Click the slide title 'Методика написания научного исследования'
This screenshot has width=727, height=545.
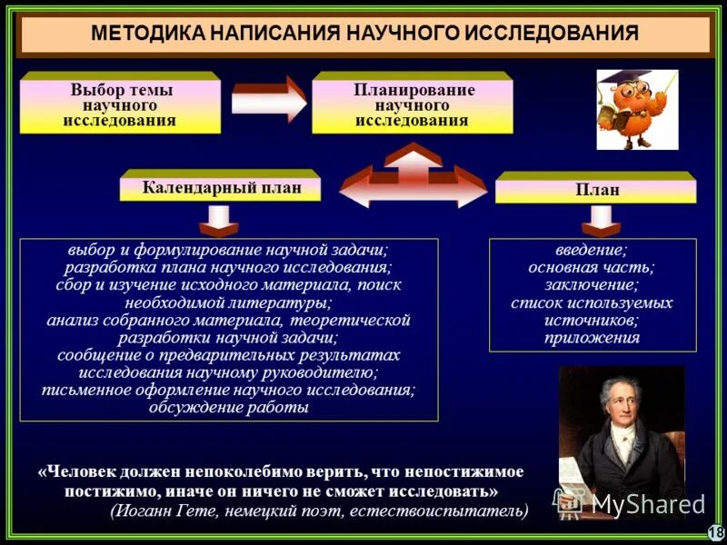tap(364, 34)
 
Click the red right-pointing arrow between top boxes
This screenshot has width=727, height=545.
tap(269, 100)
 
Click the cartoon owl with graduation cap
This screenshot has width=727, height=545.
tap(637, 109)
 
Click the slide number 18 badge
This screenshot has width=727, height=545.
tap(715, 532)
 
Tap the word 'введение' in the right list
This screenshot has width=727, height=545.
tap(592, 250)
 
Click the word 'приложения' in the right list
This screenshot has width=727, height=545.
tap(592, 338)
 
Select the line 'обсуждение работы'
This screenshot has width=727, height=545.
tap(228, 408)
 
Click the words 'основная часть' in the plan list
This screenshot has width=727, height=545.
tap(592, 267)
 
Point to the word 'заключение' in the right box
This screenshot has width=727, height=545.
tap(592, 285)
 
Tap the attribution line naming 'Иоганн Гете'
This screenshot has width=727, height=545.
tap(319, 510)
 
